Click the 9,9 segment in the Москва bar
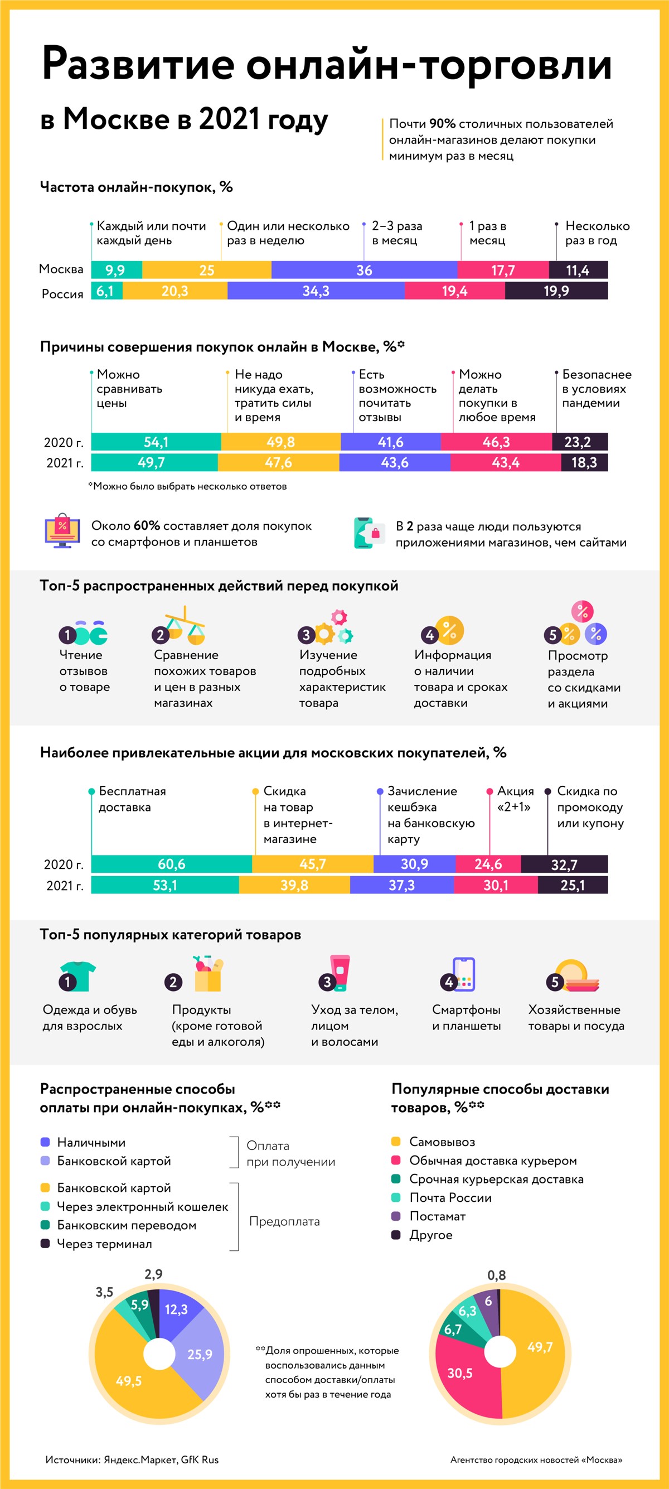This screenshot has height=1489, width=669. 116,270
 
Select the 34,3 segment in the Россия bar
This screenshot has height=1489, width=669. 316,291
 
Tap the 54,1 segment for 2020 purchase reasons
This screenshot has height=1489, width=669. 156,442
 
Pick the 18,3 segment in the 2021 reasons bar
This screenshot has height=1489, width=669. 584,462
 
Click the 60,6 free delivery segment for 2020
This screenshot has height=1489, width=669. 172,864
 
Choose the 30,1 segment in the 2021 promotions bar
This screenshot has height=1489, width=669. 496,885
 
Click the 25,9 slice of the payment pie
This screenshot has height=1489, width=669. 200,1353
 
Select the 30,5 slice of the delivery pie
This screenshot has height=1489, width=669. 460,1373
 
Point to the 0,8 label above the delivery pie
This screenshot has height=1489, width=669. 496,1275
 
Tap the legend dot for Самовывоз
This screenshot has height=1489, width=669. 396,1142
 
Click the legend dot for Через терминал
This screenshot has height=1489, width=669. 45,1243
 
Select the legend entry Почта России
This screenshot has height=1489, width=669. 450,1198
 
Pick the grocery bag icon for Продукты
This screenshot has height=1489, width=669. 208,973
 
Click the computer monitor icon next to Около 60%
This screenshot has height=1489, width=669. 62,531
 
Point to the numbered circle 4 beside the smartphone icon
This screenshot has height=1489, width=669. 449,982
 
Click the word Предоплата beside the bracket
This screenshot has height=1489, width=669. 284,1221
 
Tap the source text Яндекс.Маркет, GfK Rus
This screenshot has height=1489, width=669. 161,1459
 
